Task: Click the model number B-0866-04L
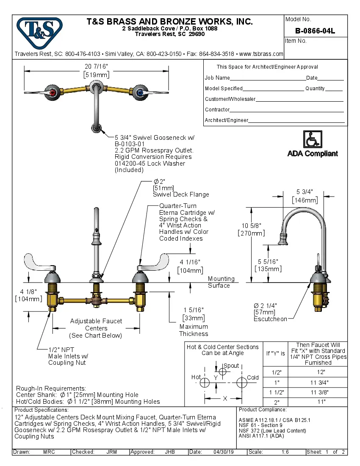coord(315,31)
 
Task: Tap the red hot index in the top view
coord(53,92)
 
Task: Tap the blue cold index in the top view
coord(140,92)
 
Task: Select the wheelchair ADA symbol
coord(313,139)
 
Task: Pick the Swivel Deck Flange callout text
coord(181,194)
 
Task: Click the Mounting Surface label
coord(221,282)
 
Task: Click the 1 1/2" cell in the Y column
coord(276,392)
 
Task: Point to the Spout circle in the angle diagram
coord(223,372)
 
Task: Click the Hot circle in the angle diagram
coord(205,383)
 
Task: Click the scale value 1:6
coord(285,452)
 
